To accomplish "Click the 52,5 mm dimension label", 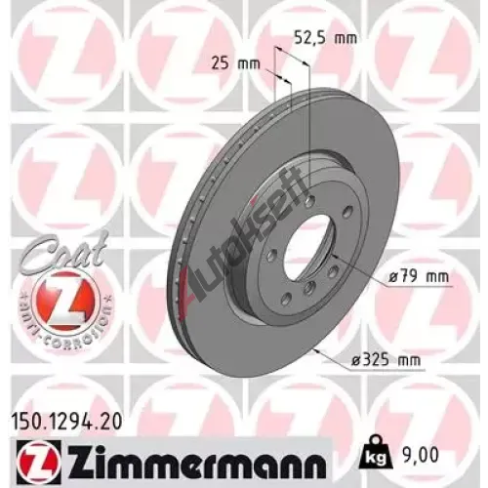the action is click(x=325, y=38).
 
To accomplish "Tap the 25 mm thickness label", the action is click(x=235, y=63).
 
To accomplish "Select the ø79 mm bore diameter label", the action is click(x=420, y=277).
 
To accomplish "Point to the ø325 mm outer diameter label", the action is click(x=386, y=360).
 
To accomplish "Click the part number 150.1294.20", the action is click(x=66, y=422).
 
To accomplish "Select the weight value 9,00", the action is click(x=420, y=455).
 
